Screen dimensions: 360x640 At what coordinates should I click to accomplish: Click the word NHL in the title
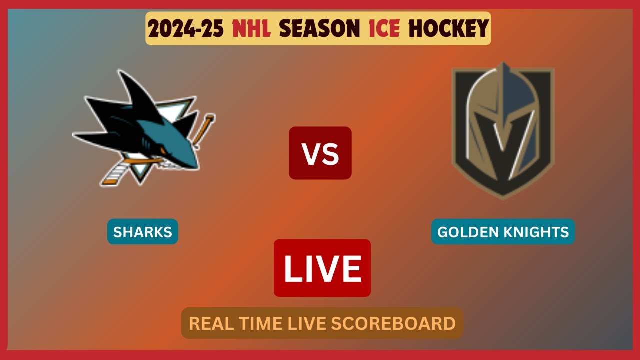[x=252, y=29]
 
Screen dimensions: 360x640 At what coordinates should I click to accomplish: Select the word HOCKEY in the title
[x=448, y=29]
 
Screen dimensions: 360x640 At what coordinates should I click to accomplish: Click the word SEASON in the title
[x=319, y=29]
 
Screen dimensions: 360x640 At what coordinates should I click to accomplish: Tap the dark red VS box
[x=320, y=153]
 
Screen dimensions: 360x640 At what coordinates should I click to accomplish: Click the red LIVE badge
[x=322, y=268]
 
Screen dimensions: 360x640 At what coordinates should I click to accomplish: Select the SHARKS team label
[x=143, y=232]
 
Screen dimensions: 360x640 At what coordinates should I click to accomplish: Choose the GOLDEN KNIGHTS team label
[x=503, y=232]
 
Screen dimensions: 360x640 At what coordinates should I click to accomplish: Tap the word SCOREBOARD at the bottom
[x=394, y=323]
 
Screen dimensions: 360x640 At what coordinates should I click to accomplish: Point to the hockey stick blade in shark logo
[x=114, y=175]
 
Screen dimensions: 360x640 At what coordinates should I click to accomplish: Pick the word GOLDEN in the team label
[x=468, y=232]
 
